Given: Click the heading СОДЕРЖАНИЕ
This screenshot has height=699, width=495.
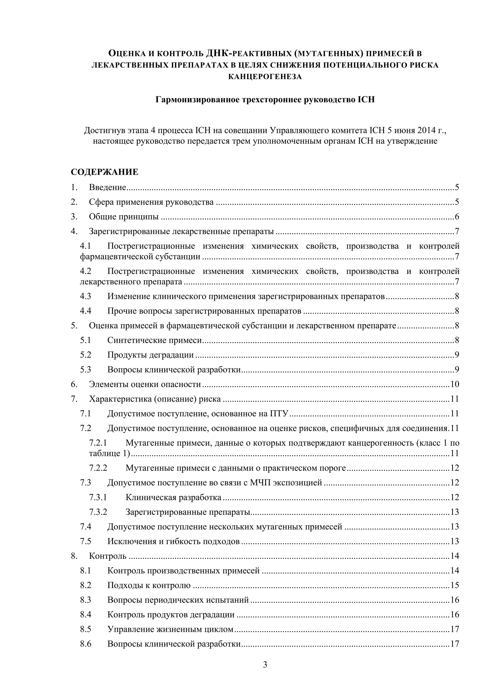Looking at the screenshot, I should tap(105, 172).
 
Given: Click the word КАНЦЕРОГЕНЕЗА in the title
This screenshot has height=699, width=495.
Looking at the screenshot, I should tap(265, 77).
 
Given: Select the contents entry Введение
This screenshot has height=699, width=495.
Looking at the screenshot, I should tap(107, 187).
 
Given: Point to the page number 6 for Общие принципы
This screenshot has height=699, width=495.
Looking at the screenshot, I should tap(457, 217).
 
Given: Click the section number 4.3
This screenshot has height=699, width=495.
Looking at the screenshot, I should tap(86, 296).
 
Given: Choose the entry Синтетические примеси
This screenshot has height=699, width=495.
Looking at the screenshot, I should tap(154, 340).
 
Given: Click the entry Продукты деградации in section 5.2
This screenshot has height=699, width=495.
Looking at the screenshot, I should tap(150, 355).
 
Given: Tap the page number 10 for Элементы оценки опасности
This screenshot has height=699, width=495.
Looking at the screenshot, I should tap(454, 384).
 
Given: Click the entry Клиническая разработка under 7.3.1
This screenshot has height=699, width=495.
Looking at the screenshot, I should tap(173, 497).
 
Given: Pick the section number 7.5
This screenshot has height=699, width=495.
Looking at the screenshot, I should tap(86, 541).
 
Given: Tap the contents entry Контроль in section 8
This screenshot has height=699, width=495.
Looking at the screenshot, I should tap(108, 556).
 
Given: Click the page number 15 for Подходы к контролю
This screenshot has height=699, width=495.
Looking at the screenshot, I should tap(454, 585).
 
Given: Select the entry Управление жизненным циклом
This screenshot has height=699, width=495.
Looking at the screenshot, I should tap(170, 629).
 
